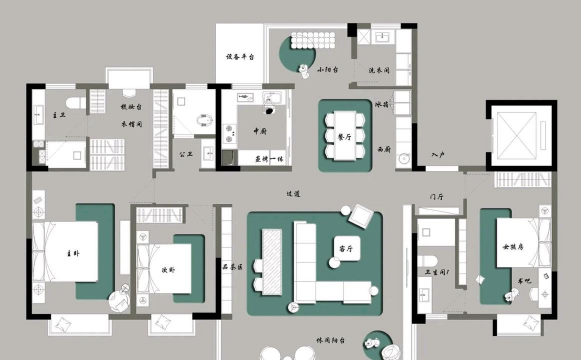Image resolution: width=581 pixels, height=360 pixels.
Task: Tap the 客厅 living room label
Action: point(348,247)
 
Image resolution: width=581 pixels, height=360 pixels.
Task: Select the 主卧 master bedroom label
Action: point(72,254)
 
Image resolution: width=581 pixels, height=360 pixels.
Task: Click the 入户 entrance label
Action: point(437,155)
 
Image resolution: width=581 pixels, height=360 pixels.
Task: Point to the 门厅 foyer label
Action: point(435,197)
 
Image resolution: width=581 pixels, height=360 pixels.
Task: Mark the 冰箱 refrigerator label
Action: point(381,104)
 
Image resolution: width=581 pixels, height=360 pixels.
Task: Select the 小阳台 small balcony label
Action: point(328,71)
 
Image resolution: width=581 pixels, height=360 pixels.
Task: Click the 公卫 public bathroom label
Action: point(186,154)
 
